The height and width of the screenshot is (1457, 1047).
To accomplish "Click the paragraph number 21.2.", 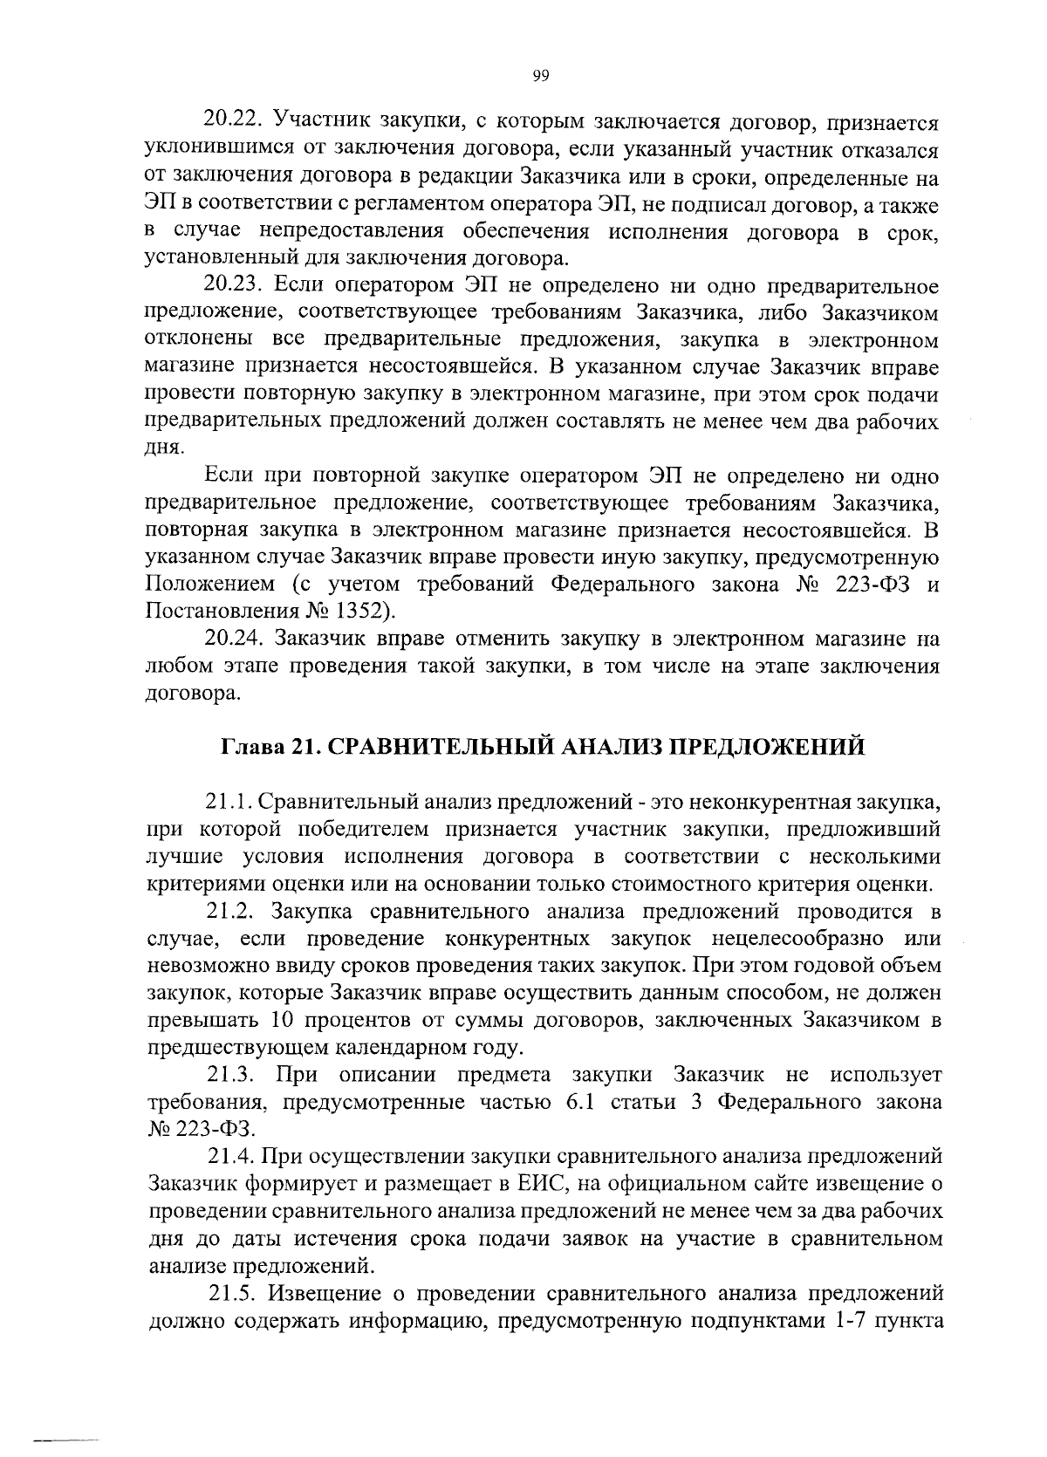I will coord(233,912).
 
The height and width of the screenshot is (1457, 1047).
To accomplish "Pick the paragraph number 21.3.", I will coord(233,1074).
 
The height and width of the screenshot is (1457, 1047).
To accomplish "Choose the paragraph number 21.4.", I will coord(233,1157).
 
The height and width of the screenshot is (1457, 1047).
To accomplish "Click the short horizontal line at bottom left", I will coord(66,1438).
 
